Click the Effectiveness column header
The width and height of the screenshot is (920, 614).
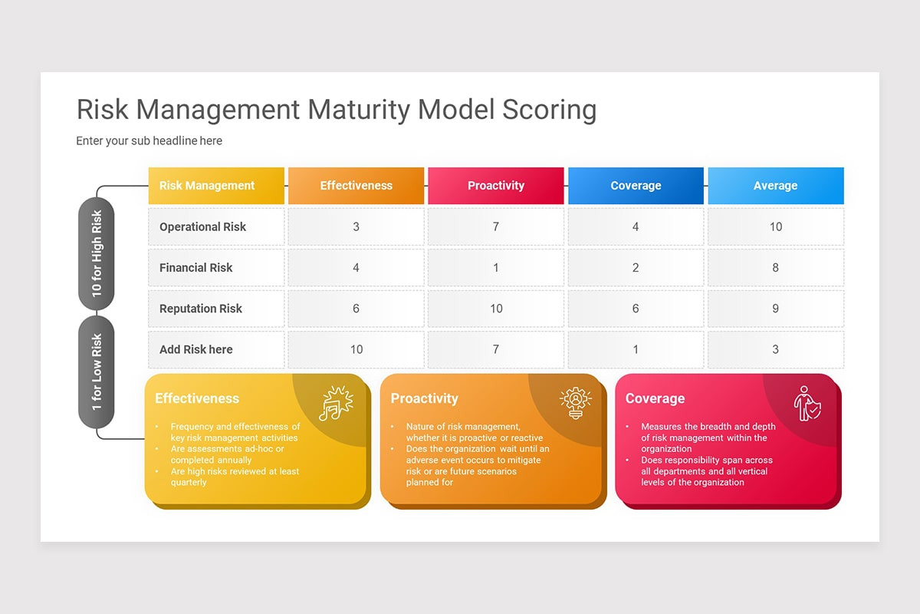[x=356, y=186]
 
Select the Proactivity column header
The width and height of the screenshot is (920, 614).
[x=496, y=186]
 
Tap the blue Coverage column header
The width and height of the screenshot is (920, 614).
[x=636, y=186]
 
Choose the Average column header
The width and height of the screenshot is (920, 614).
[x=775, y=186]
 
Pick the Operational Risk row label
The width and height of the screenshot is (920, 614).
[x=202, y=226]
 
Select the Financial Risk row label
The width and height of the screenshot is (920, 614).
[x=196, y=268]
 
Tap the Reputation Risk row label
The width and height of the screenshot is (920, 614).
[x=201, y=309]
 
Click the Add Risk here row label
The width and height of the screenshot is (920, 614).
[x=196, y=349]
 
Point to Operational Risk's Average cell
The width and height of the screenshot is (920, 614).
[x=775, y=226]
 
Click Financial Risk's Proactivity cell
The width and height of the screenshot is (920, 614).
[x=496, y=268]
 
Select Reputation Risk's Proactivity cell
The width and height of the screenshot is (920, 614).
[x=496, y=309]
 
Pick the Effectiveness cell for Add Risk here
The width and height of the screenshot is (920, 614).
[x=356, y=349]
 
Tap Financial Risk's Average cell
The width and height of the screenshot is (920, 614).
[x=775, y=268]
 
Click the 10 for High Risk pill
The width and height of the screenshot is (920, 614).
[x=97, y=253]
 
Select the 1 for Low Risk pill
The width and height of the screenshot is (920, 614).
[x=97, y=371]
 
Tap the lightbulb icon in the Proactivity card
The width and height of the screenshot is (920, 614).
[x=575, y=403]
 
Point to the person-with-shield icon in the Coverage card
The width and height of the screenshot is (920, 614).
[x=807, y=403]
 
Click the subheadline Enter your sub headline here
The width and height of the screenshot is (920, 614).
[x=149, y=141]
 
